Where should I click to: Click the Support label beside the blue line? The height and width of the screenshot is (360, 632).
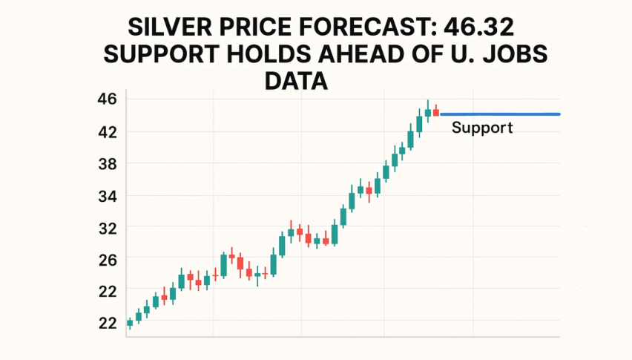pos(482,128)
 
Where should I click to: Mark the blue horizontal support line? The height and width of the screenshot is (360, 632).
pos(504,114)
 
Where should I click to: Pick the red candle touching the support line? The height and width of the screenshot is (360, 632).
pos(436,111)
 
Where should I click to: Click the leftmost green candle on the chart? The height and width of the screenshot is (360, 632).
pos(130,322)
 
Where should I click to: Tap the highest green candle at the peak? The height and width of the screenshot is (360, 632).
pos(427,111)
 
